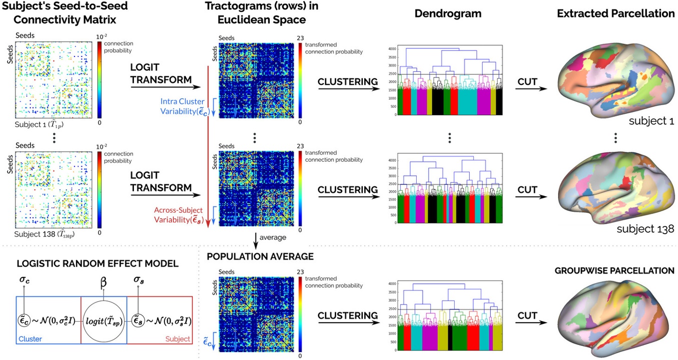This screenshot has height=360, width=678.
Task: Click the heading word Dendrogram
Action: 448,13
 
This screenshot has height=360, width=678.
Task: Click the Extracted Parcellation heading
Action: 616,13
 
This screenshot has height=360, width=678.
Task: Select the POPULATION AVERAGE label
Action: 260,257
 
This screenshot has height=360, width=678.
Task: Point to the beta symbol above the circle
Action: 104,286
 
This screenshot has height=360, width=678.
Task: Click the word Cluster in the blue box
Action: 29,339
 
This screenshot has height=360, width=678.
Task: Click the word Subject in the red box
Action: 177,339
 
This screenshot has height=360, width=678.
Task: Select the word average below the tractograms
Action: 272,237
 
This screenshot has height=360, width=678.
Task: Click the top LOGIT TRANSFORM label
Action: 161,73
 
